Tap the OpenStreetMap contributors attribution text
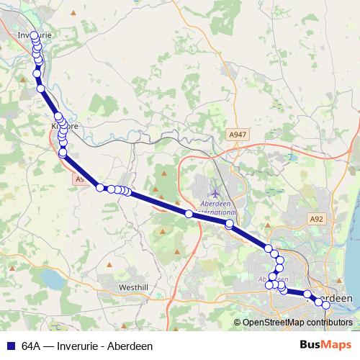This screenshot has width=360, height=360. point(297,322)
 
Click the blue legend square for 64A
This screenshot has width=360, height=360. point(10,346)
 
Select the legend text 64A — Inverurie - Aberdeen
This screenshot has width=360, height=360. point(87,346)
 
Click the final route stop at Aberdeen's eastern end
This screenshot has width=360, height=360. point(326,305)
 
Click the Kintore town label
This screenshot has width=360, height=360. point(63,126)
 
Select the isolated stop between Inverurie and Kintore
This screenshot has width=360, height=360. point(41,89)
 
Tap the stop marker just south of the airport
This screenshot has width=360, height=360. point(229,224)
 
